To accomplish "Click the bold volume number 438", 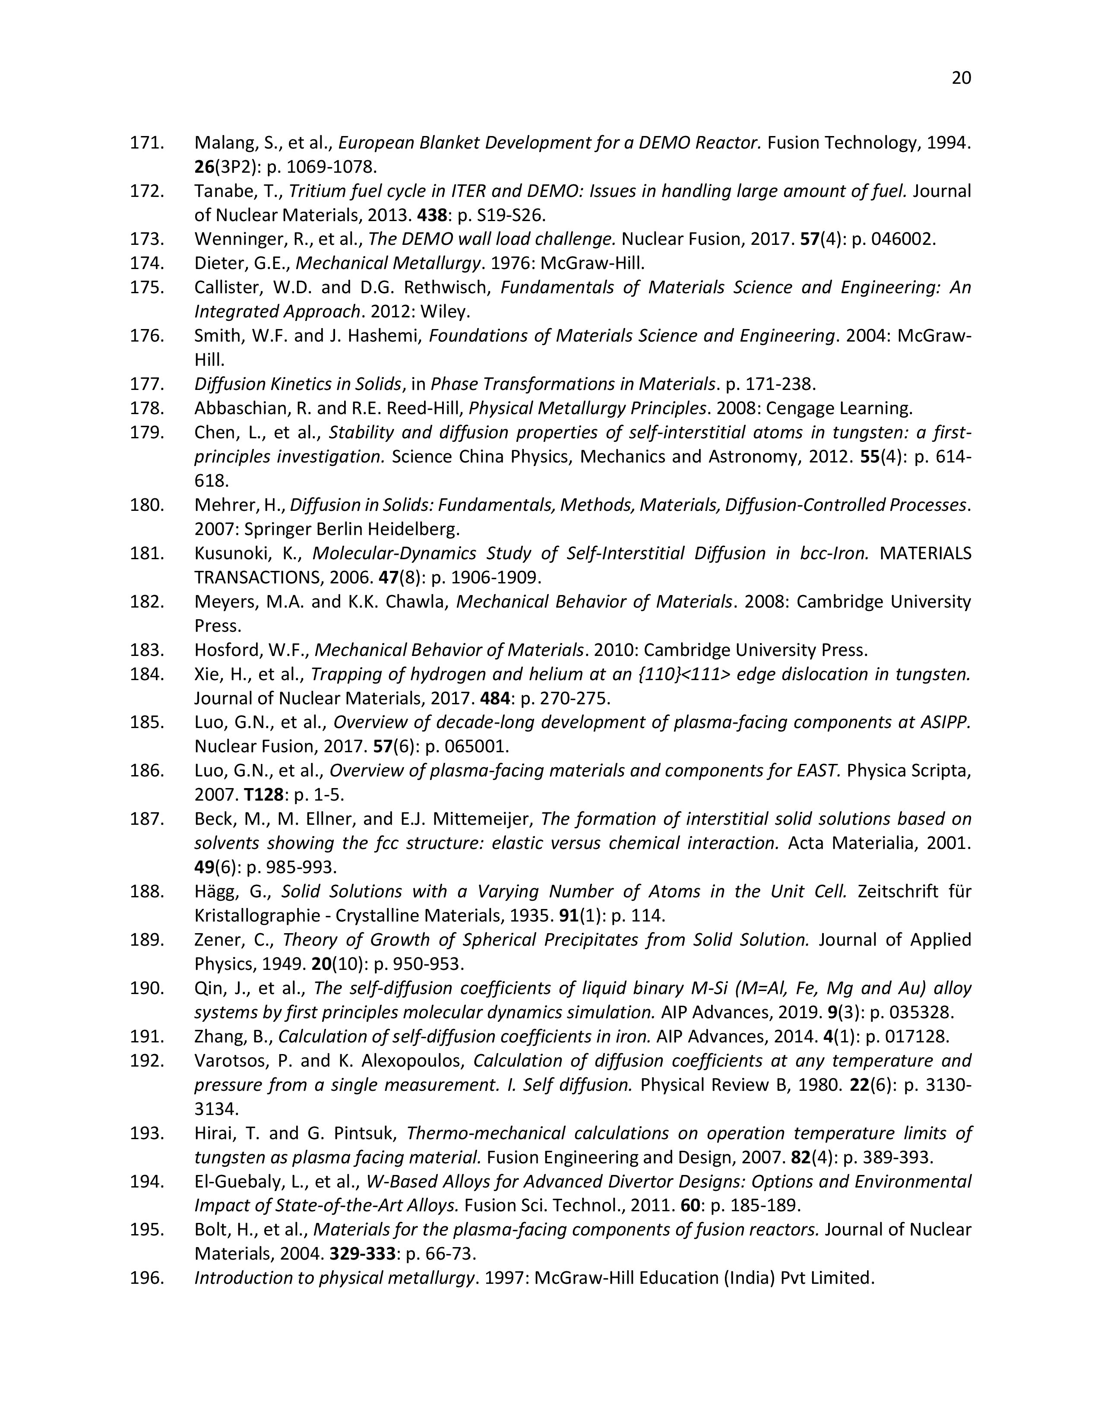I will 433,215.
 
